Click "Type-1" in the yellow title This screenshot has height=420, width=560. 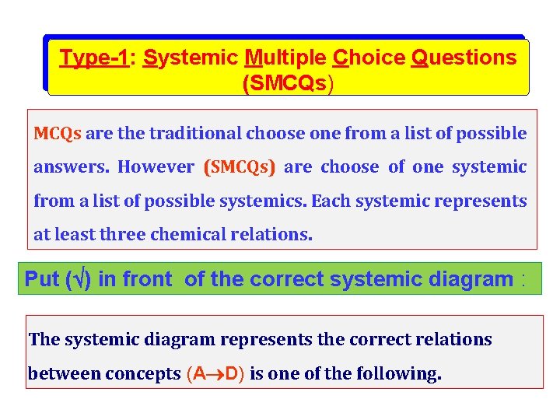tap(93, 58)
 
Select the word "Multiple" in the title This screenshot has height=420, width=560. tap(286, 58)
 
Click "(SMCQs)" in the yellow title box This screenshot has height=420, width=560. tap(288, 83)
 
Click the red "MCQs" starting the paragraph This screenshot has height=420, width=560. tap(57, 133)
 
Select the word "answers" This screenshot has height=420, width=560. tap(71, 167)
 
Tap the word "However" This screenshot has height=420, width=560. tap(156, 167)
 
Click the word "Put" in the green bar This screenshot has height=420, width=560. tap(42, 279)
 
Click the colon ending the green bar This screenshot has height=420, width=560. tap(523, 280)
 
